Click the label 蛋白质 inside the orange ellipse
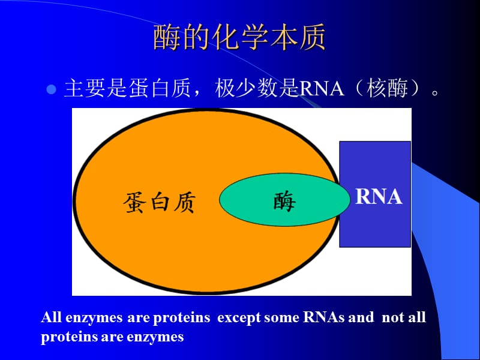coord(160,203)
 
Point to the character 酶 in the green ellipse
coord(284,203)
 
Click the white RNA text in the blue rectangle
coord(378,197)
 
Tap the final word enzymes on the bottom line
coord(155,337)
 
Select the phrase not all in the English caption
coord(403,317)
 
